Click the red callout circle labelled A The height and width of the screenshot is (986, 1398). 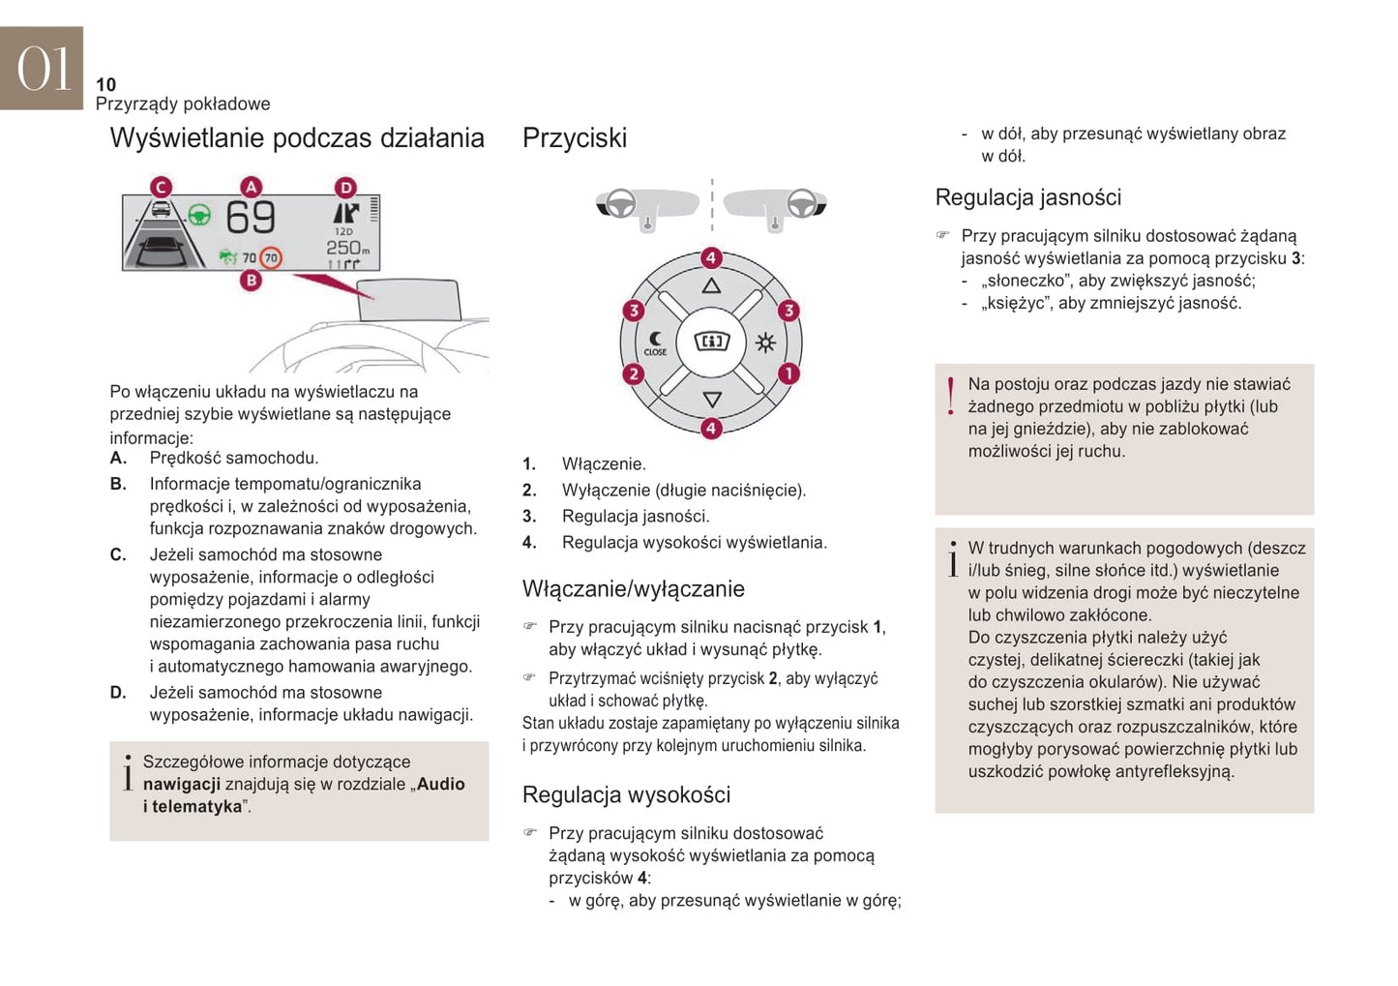(251, 187)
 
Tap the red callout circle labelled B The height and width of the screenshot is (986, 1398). (251, 281)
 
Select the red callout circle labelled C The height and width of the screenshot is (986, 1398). (161, 187)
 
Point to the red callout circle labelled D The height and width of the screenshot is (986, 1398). (345, 187)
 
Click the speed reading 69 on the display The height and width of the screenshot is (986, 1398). (251, 218)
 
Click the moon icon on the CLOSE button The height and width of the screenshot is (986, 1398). (656, 339)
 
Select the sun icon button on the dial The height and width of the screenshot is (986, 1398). (765, 343)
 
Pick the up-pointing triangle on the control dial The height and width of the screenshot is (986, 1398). (711, 285)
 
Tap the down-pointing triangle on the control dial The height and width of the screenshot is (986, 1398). (712, 399)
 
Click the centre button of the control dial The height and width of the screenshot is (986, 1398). (712, 342)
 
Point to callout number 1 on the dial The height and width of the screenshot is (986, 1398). (788, 373)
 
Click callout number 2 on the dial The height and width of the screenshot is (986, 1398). (634, 373)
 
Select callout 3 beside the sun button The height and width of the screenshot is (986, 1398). (788, 310)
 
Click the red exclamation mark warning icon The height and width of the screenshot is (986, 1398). (951, 395)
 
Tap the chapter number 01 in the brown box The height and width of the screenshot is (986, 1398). (43, 69)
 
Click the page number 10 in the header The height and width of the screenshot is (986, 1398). (105, 84)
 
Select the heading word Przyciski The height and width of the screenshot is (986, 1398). (575, 137)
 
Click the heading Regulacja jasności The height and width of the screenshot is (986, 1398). (1027, 197)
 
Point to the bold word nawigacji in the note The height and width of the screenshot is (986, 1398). (182, 784)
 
